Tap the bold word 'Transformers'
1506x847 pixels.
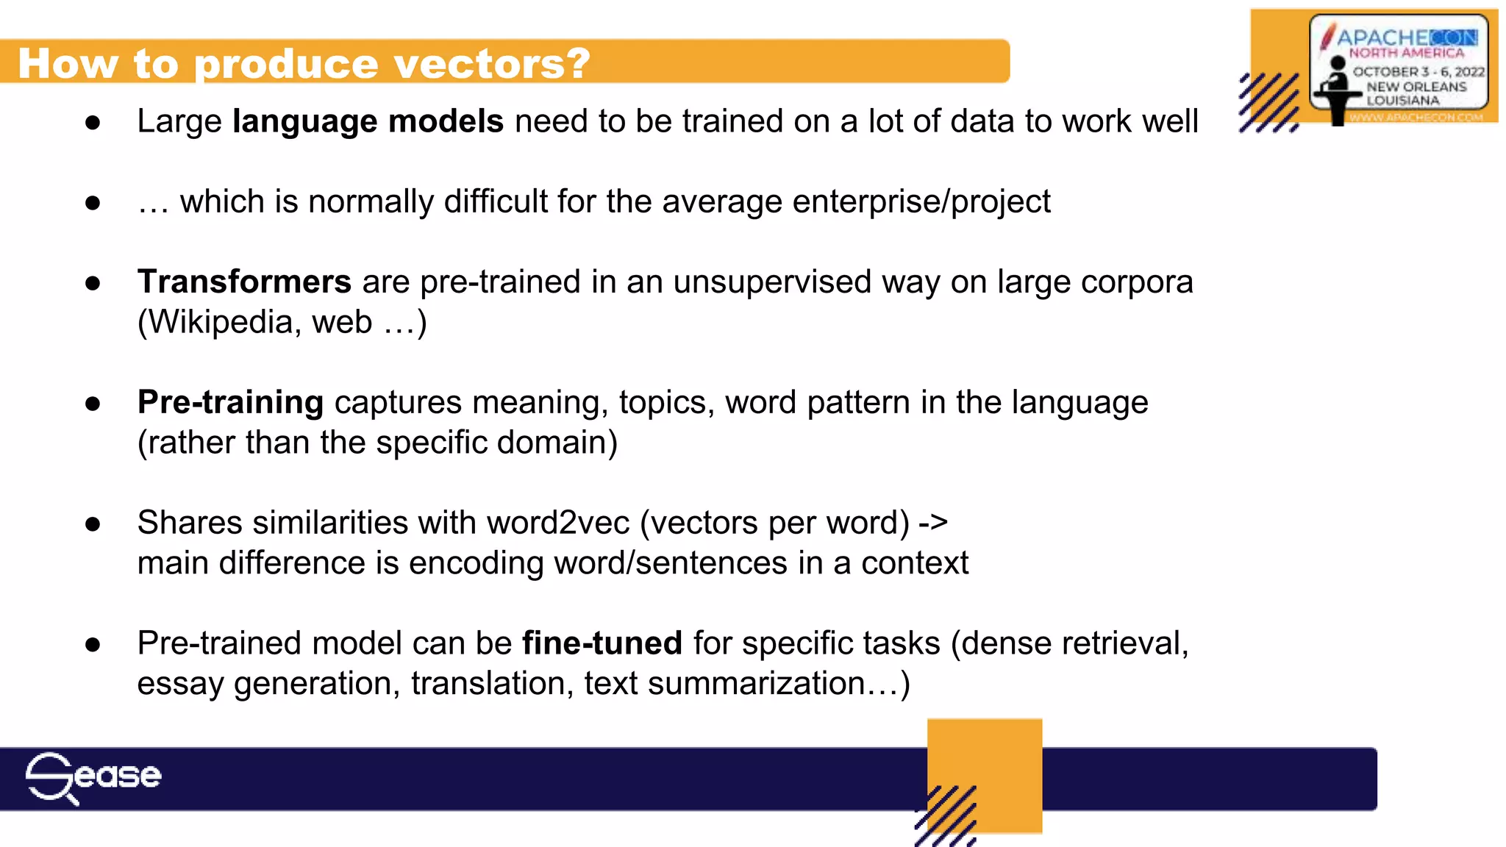click(244, 282)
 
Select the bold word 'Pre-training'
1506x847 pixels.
click(230, 402)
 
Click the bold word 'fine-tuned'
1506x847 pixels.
click(602, 643)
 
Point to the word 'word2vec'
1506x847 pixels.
click(558, 523)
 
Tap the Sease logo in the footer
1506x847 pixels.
click(93, 777)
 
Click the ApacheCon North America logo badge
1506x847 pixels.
click(1398, 66)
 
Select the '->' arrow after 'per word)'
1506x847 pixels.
click(933, 523)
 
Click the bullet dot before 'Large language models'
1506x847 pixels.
click(93, 122)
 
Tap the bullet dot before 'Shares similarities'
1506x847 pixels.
click(93, 524)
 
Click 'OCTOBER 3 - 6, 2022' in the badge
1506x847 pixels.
click(1418, 71)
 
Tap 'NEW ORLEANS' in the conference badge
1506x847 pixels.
click(1416, 86)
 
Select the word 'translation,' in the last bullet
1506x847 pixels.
click(492, 684)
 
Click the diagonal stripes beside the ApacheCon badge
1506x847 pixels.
click(1268, 103)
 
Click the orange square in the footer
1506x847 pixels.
click(985, 757)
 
